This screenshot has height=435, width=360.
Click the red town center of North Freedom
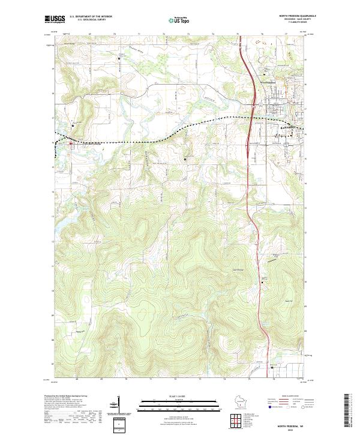pyautogui.click(x=71, y=143)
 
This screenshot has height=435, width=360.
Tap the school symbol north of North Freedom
pyautogui.click(x=73, y=126)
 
